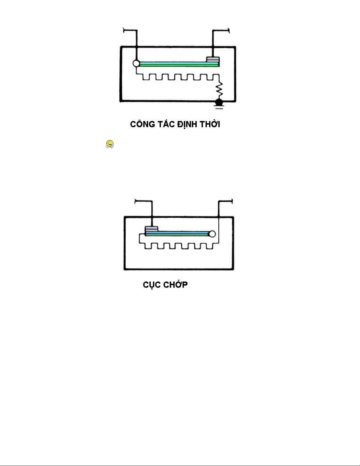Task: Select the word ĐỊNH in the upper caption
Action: tap(187, 124)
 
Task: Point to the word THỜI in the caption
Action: tap(210, 124)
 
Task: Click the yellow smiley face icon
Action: tap(110, 144)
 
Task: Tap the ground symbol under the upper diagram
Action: tap(219, 104)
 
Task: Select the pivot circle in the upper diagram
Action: tap(136, 63)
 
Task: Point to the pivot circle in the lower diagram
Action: tap(212, 234)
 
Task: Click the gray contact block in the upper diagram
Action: tap(213, 59)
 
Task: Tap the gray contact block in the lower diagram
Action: tap(152, 229)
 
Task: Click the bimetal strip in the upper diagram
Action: tap(176, 64)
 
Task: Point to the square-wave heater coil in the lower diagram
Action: tap(179, 246)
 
